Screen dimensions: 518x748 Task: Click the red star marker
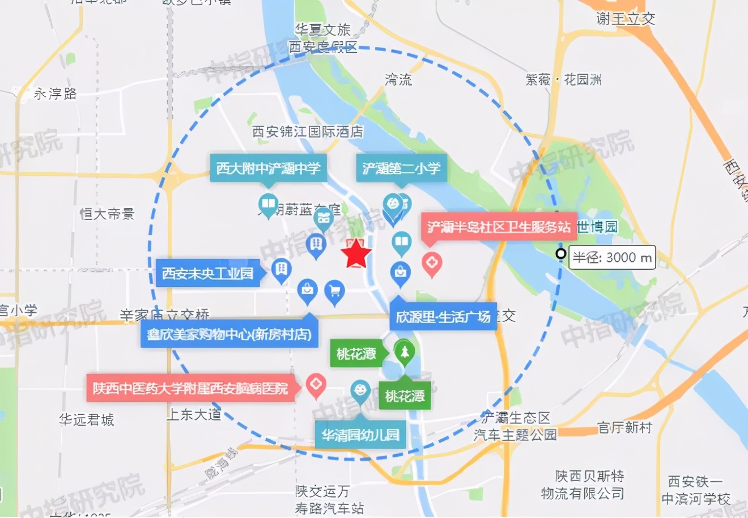coord(356,254)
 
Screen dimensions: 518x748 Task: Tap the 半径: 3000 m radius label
coord(612,257)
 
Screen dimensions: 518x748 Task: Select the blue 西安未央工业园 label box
coord(207,274)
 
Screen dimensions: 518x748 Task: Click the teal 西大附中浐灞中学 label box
coord(268,168)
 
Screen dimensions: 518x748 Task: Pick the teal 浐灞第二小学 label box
coord(401,168)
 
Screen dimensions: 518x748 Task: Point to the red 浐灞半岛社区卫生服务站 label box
coord(499,227)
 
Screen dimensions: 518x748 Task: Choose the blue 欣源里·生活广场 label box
coord(443,317)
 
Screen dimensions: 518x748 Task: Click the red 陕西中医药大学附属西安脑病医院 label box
coord(190,388)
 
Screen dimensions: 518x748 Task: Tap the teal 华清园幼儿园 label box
coord(360,435)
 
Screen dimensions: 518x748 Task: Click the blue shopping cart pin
coord(334,291)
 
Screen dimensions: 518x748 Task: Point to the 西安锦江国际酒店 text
coord(308,131)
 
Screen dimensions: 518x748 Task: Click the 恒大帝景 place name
coord(108,214)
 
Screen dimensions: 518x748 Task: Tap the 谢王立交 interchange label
coord(626,19)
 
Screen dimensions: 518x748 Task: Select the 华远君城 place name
coord(87,419)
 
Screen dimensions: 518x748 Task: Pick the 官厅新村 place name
coord(624,427)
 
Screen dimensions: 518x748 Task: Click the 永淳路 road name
coord(55,94)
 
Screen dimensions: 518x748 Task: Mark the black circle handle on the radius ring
coord(560,254)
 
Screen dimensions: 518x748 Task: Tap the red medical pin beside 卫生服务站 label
coord(432,264)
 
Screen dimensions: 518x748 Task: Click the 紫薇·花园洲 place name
coord(563,79)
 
